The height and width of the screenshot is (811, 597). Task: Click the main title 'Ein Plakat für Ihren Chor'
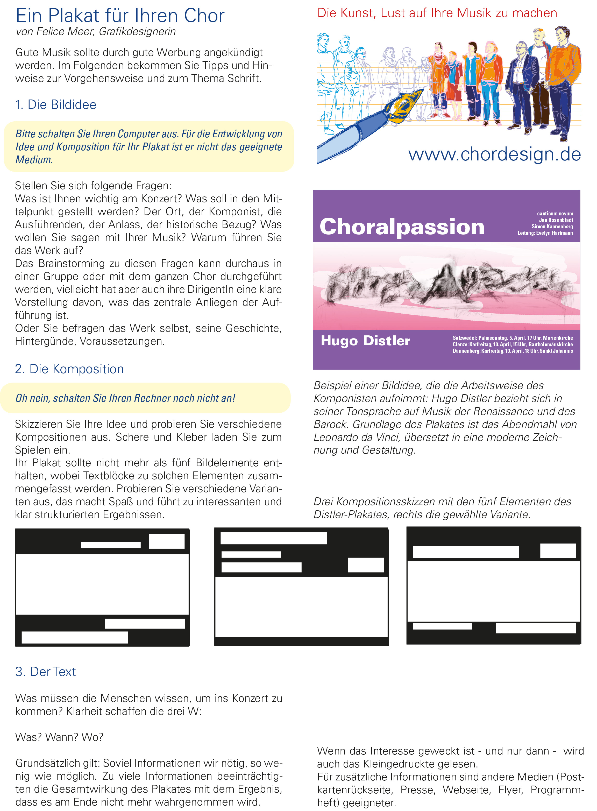coord(120,16)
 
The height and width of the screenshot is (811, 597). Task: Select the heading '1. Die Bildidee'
coord(56,105)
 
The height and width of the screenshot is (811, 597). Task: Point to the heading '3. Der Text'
coord(46,672)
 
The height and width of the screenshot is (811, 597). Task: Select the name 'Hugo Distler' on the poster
coord(365,341)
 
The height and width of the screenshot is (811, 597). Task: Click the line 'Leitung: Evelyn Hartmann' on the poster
coord(545,233)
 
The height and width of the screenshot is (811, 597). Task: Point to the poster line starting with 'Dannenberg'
coord(513,351)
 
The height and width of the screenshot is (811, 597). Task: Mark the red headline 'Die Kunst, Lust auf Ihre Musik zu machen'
coord(437,13)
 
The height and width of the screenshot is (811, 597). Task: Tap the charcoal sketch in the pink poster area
coord(444,284)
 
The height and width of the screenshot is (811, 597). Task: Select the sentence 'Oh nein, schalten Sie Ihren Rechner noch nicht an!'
coord(125,398)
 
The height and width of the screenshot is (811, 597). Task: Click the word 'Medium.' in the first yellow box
coord(34,160)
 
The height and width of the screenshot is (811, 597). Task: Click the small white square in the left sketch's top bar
coord(167,541)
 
